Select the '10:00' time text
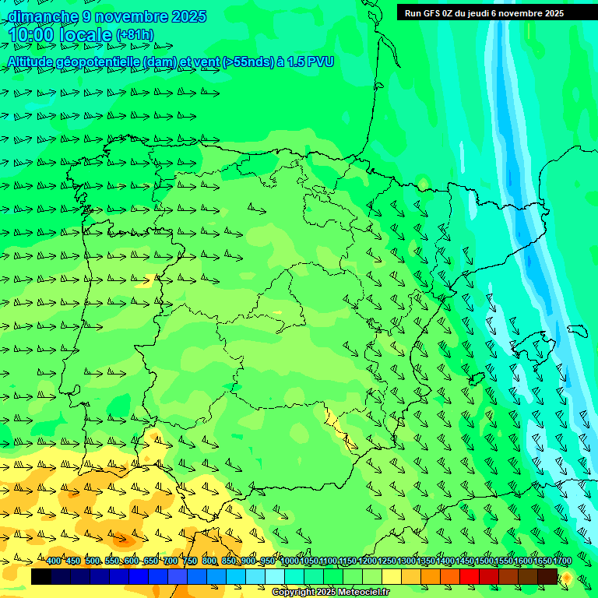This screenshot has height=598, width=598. [x=30, y=35]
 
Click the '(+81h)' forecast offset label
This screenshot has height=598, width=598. [x=135, y=35]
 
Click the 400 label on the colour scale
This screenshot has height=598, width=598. [x=54, y=561]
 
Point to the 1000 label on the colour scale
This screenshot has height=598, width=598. [x=289, y=561]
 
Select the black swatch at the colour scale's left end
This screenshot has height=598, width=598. [x=41, y=576]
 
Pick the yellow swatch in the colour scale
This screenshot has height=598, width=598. [x=392, y=576]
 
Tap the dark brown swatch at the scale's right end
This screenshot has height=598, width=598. [x=547, y=576]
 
